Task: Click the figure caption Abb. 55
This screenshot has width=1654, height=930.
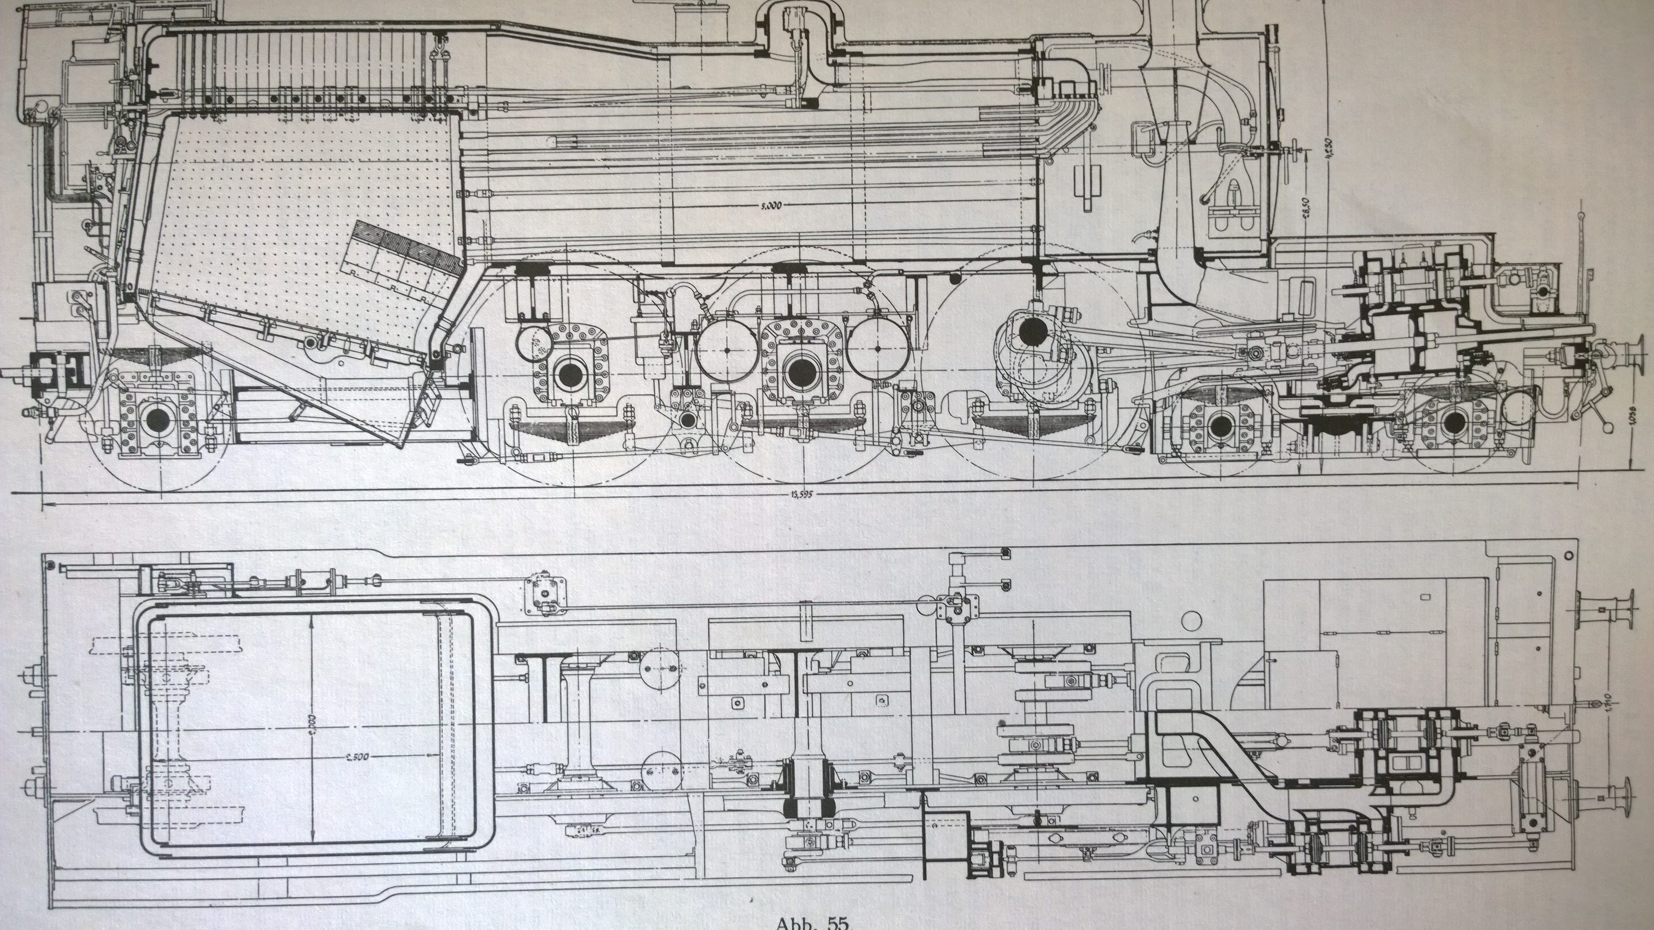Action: click(x=812, y=923)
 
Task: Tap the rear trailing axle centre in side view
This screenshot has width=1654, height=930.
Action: click(x=157, y=420)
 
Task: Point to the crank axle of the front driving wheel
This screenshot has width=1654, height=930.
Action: click(x=1032, y=332)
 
